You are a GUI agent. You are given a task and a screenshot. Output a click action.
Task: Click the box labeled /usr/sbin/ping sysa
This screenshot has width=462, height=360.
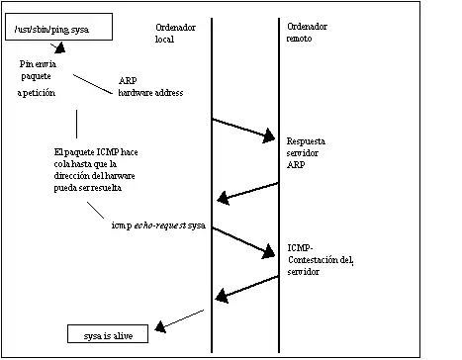(58, 27)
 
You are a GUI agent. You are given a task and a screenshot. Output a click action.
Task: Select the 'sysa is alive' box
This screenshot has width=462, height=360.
(108, 333)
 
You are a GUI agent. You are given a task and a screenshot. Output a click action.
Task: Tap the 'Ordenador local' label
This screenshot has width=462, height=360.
(175, 33)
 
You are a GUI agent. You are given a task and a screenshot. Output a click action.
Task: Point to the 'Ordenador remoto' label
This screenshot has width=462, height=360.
(307, 33)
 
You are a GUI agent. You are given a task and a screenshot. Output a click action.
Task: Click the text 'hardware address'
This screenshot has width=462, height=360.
(150, 93)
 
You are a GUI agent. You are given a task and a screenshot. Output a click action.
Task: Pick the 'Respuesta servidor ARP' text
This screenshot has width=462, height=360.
(306, 153)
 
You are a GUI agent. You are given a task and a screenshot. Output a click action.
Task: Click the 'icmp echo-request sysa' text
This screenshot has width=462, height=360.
(158, 225)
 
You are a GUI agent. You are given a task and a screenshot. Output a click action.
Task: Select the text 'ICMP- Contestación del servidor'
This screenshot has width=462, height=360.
(321, 260)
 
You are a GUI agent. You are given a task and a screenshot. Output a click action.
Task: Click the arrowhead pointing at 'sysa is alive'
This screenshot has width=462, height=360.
(160, 326)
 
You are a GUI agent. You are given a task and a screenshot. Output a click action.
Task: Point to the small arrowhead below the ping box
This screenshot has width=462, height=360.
(60, 48)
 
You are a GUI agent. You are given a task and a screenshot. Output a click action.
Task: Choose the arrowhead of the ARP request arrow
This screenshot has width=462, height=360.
(269, 135)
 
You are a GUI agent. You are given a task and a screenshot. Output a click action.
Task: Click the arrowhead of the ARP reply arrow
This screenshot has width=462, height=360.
(224, 198)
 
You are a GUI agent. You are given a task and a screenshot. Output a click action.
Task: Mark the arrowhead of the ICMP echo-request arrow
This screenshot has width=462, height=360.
(269, 251)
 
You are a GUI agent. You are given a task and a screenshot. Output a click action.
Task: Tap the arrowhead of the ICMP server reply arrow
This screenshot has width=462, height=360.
(222, 296)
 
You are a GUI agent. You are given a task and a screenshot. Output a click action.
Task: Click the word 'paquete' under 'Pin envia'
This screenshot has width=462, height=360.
(36, 77)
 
